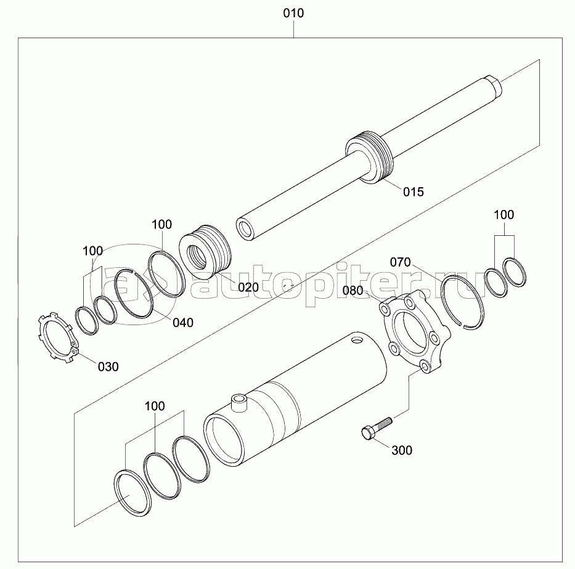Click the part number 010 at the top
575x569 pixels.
coord(293,14)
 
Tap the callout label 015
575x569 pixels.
coord(414,192)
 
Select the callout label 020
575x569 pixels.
coord(248,287)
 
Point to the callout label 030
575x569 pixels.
coord(108,366)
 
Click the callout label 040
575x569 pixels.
coord(183,323)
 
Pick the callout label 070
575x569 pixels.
coord(400,262)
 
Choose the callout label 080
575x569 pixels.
coord(353,291)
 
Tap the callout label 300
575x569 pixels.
coord(402,450)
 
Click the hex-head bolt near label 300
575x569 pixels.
coord(377,427)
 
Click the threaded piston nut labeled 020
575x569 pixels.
coord(205,249)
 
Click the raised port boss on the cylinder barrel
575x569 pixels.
coord(239,402)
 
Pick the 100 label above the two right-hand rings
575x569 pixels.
coord(504,214)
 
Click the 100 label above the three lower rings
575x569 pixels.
coord(155,406)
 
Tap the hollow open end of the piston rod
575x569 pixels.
coord(245,229)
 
